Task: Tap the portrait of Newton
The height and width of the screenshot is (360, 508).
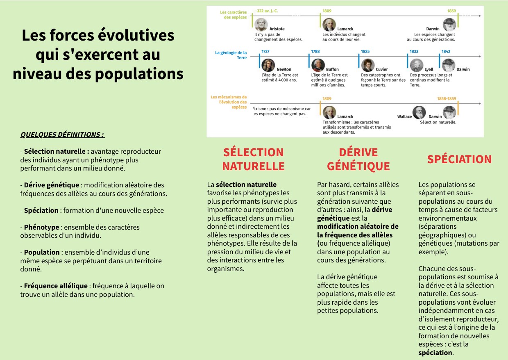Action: [268, 65]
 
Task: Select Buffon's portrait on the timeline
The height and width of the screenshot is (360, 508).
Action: [318, 65]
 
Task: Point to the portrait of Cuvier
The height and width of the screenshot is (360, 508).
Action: [367, 65]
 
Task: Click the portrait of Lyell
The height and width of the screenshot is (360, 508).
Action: [417, 65]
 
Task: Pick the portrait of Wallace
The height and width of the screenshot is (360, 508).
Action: [419, 112]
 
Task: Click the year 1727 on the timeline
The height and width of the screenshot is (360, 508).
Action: [265, 52]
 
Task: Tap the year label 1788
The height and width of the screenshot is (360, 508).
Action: [315, 52]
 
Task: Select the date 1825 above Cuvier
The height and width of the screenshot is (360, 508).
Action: [365, 52]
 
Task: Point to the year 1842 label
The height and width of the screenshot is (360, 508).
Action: [446, 52]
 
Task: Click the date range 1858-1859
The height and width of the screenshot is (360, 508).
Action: [446, 99]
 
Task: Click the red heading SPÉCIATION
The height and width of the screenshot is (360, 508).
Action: [459, 159]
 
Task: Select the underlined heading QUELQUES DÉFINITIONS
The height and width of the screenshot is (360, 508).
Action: [62, 134]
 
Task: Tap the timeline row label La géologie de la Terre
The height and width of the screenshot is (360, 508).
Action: [231, 55]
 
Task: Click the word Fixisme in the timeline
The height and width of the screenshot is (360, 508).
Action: [260, 109]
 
